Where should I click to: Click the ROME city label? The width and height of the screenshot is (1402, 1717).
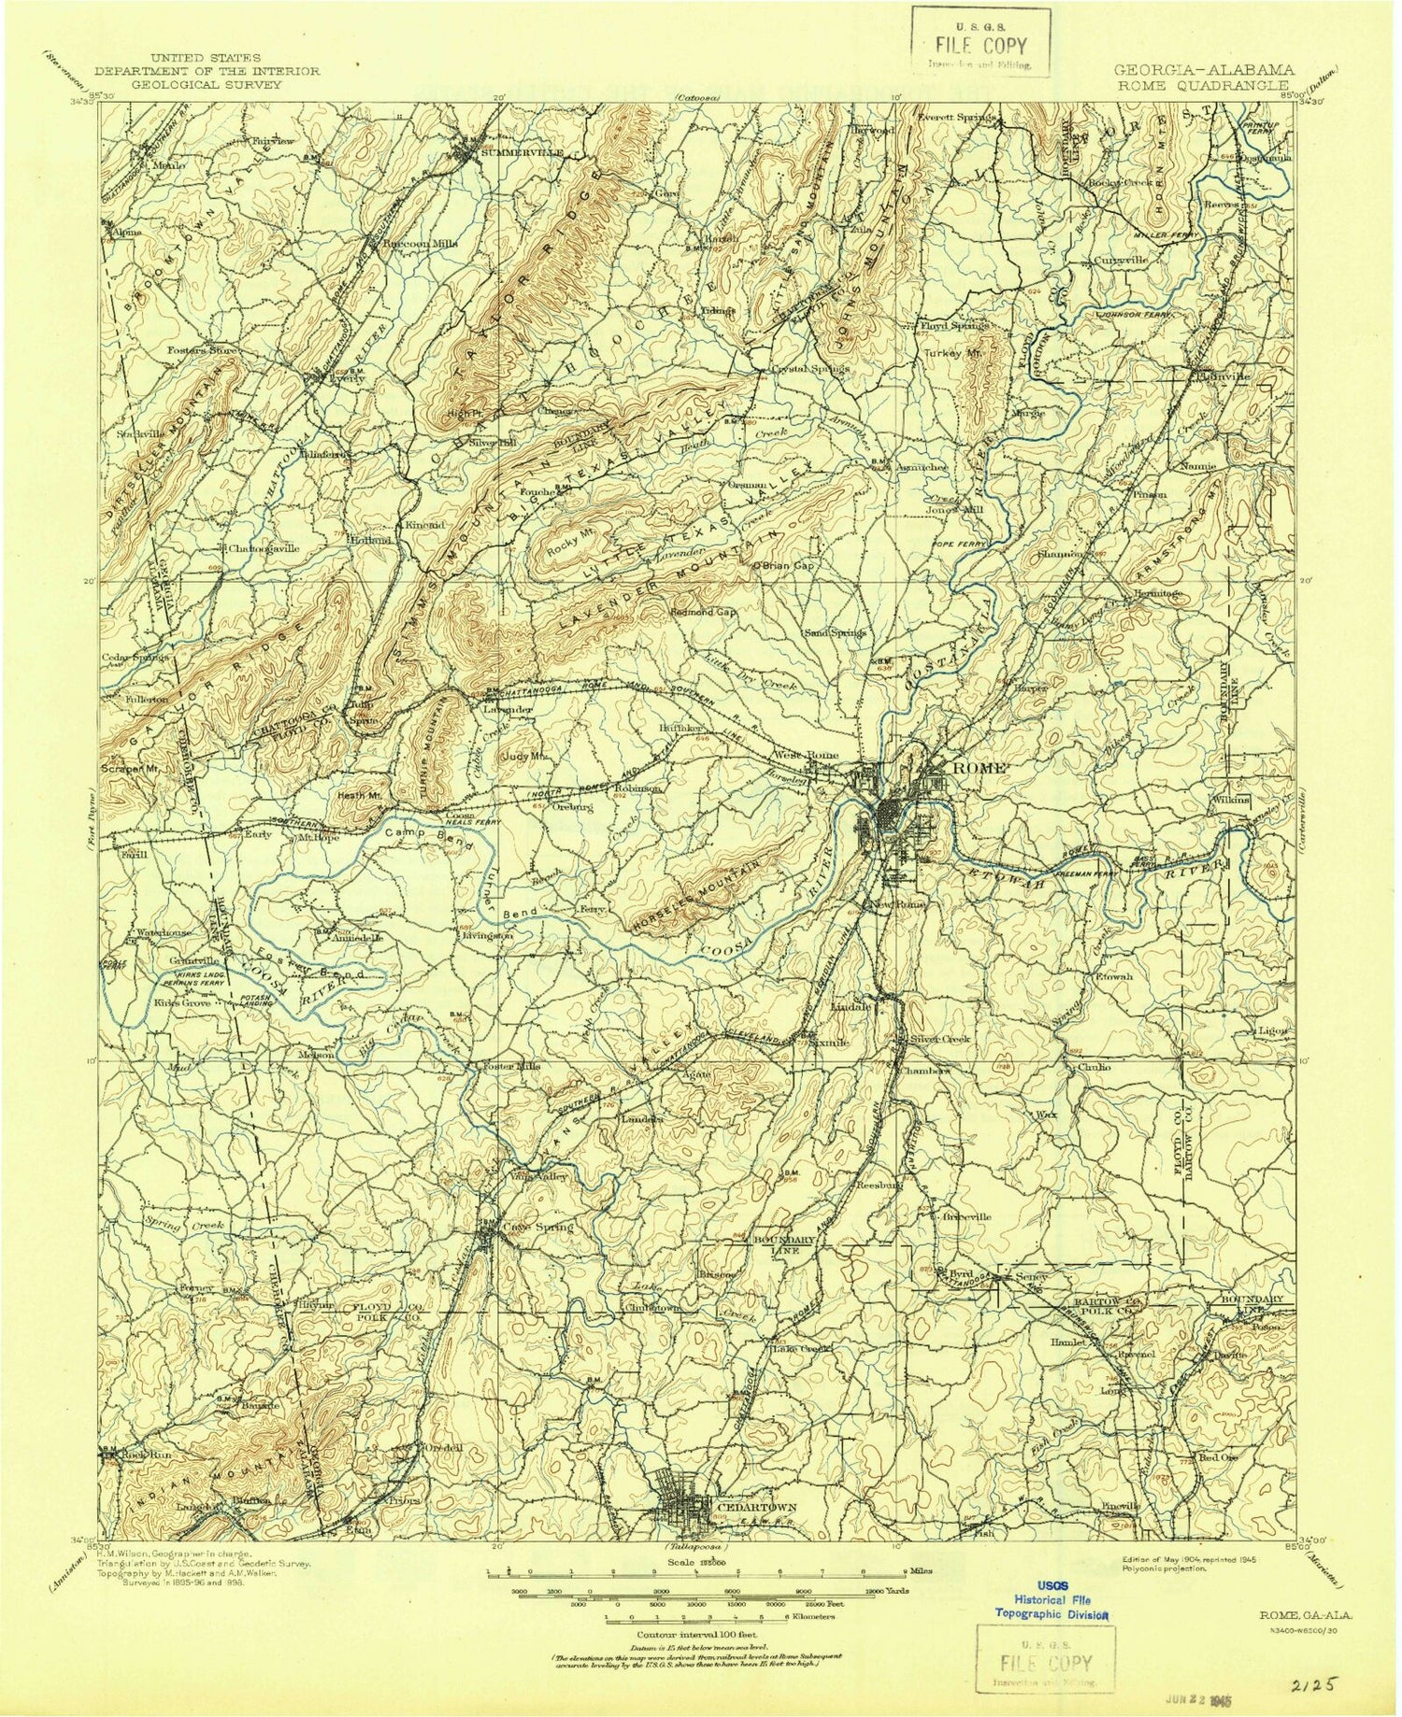coord(979,766)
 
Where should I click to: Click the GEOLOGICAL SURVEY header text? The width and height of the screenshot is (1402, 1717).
coord(209,84)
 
